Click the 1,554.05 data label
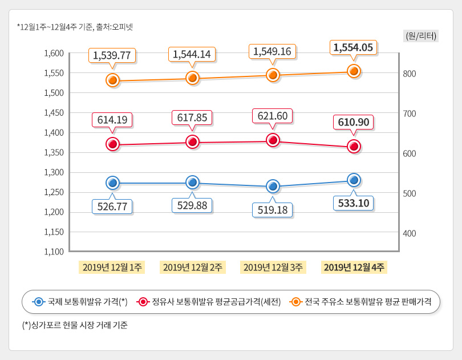click(353, 47)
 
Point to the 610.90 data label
click(353, 122)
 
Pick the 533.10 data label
click(353, 203)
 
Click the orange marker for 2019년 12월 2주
click(192, 78)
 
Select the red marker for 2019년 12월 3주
click(273, 140)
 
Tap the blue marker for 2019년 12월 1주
click(112, 183)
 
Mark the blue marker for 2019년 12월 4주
click(354, 180)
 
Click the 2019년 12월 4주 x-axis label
click(354, 267)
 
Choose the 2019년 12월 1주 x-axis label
click(113, 267)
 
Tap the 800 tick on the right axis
click(410, 74)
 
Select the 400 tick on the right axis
click(410, 233)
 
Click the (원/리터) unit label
click(420, 36)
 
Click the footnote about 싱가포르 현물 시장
click(75, 325)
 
